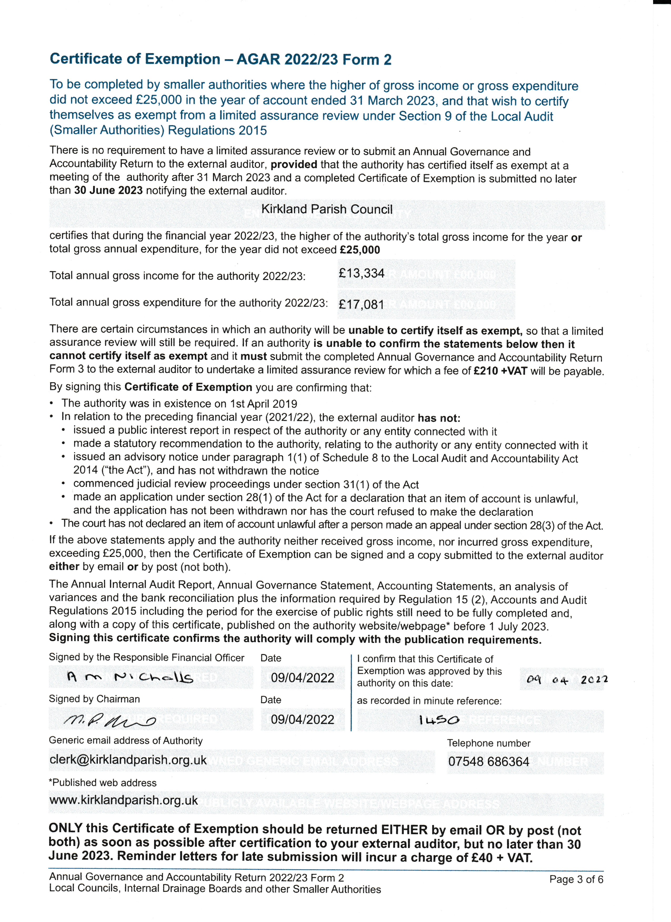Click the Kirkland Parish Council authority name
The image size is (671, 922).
tap(327, 209)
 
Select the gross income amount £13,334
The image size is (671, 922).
tap(361, 273)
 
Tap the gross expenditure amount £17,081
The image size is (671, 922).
tap(361, 304)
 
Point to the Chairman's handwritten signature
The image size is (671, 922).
tap(110, 721)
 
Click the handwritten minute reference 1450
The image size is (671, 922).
tap(439, 720)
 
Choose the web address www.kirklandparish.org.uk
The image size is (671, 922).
tap(124, 800)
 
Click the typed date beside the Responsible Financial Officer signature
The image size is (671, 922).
tap(302, 678)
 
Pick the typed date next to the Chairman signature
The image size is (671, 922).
tap(302, 720)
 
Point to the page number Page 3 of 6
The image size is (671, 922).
tap(576, 879)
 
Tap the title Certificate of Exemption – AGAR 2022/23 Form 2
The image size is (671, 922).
tap(220, 59)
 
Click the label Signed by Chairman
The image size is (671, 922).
tap(94, 699)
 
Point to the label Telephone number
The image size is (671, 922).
tap(489, 743)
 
